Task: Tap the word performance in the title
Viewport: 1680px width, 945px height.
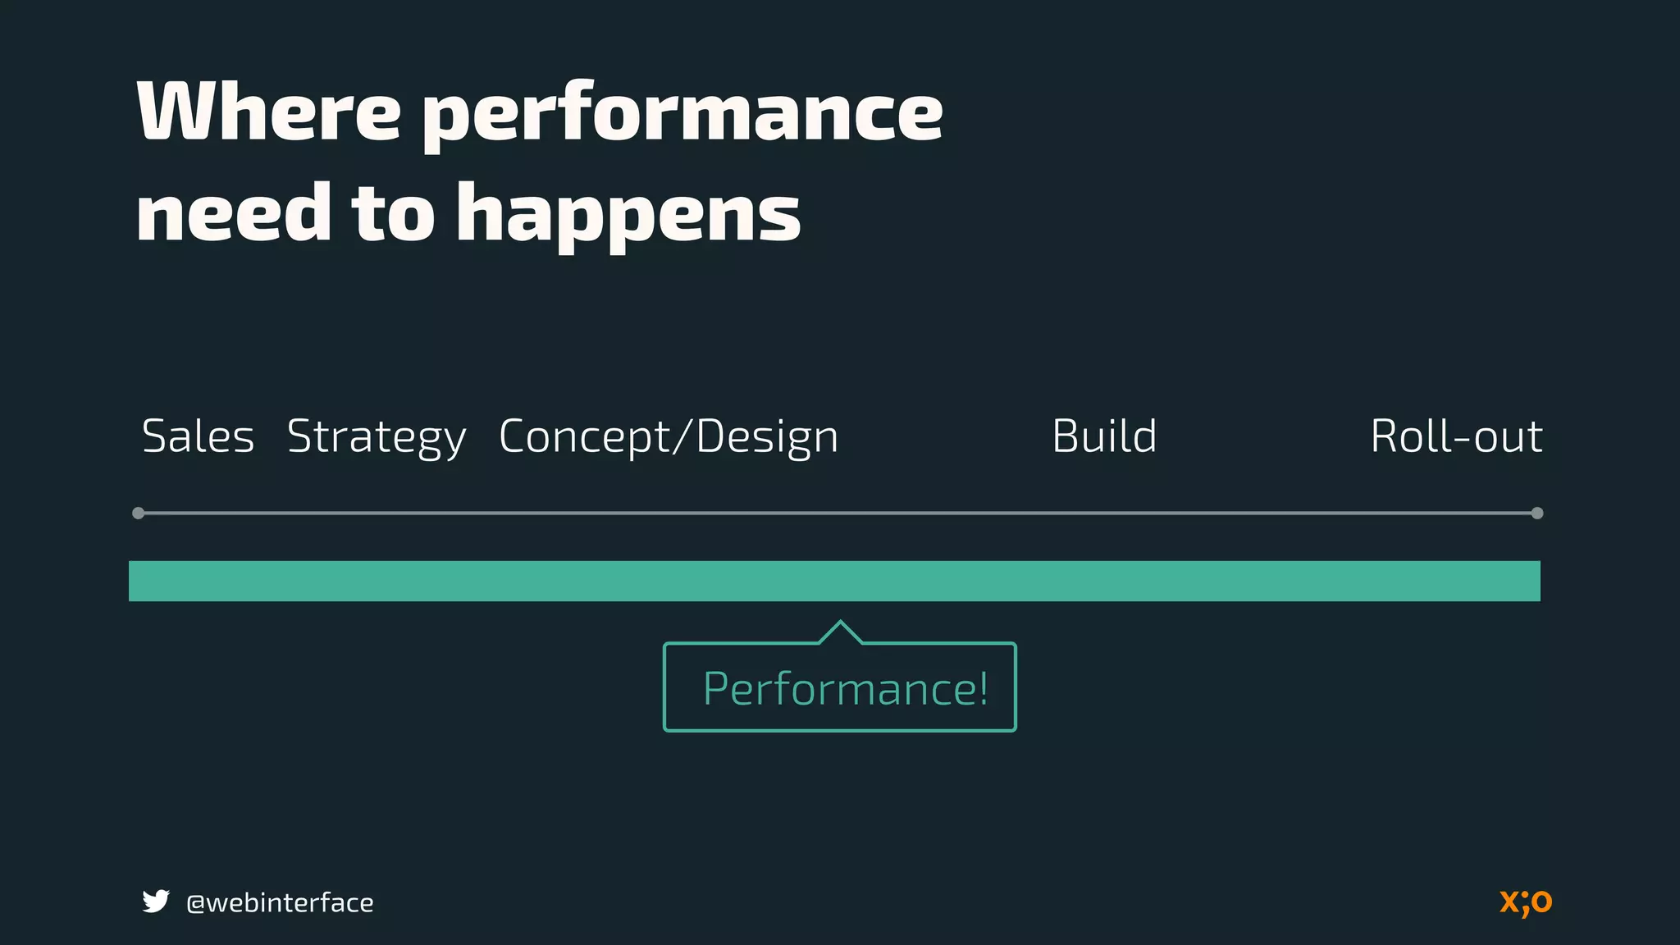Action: (x=682, y=115)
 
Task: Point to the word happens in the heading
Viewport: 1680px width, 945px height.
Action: (x=628, y=215)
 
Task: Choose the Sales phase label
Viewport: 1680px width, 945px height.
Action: (x=198, y=436)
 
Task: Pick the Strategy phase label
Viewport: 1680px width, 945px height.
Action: (x=377, y=438)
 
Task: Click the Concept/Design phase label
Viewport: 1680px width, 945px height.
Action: (x=669, y=438)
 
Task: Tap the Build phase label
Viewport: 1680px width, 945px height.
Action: (x=1104, y=436)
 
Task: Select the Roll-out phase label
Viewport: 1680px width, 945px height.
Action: (x=1456, y=436)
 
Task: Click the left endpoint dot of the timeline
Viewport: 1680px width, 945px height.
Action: (x=139, y=514)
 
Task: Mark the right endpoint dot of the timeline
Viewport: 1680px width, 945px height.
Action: (x=1537, y=514)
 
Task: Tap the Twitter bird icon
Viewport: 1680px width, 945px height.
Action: (x=156, y=902)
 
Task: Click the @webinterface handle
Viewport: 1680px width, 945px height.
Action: (x=280, y=903)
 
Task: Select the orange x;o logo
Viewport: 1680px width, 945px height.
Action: (x=1526, y=902)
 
